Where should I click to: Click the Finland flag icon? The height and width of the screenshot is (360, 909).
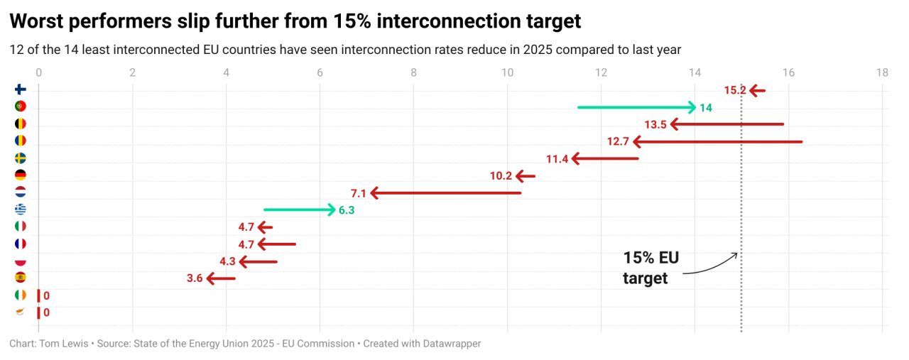pyautogui.click(x=21, y=89)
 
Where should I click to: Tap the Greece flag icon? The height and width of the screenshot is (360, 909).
pyautogui.click(x=21, y=209)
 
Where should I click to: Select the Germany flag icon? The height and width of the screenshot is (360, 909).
pyautogui.click(x=21, y=175)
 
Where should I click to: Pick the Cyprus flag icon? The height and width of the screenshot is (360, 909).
pyautogui.click(x=21, y=312)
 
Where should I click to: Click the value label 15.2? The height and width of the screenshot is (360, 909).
pyautogui.click(x=735, y=90)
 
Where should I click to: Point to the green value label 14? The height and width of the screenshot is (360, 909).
pyautogui.click(x=706, y=108)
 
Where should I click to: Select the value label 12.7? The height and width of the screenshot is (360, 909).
pyautogui.click(x=618, y=142)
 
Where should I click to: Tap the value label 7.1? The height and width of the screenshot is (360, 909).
pyautogui.click(x=359, y=193)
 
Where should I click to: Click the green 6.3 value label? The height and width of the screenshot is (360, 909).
pyautogui.click(x=347, y=210)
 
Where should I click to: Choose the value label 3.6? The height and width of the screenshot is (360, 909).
pyautogui.click(x=195, y=278)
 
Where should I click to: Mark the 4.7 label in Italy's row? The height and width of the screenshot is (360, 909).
pyautogui.click(x=246, y=227)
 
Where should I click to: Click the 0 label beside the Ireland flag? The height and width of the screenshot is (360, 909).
pyautogui.click(x=46, y=295)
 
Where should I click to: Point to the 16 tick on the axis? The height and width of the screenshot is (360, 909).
pyautogui.click(x=788, y=72)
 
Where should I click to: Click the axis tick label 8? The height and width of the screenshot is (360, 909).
pyautogui.click(x=413, y=72)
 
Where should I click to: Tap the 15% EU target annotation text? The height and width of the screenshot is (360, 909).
pyautogui.click(x=651, y=268)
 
